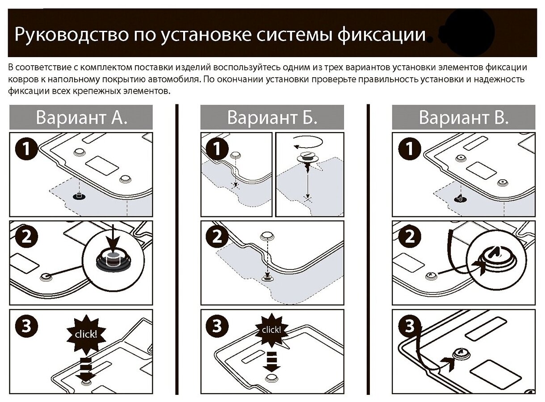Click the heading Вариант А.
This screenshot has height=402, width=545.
(x=81, y=117)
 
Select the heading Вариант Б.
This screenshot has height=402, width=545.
(x=272, y=117)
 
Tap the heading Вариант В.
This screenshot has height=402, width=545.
(x=464, y=117)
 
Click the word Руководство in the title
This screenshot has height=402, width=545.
(x=68, y=35)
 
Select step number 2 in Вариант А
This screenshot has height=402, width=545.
(x=27, y=236)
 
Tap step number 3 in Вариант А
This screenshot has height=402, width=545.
(x=27, y=326)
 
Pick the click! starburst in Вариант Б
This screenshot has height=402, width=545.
(x=271, y=330)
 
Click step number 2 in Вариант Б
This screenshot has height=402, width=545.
(x=218, y=236)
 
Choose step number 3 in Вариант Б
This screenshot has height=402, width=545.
(x=218, y=326)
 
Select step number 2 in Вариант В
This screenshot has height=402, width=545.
(x=409, y=236)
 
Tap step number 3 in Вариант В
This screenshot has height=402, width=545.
(x=409, y=326)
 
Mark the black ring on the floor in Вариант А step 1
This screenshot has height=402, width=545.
(x=79, y=197)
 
